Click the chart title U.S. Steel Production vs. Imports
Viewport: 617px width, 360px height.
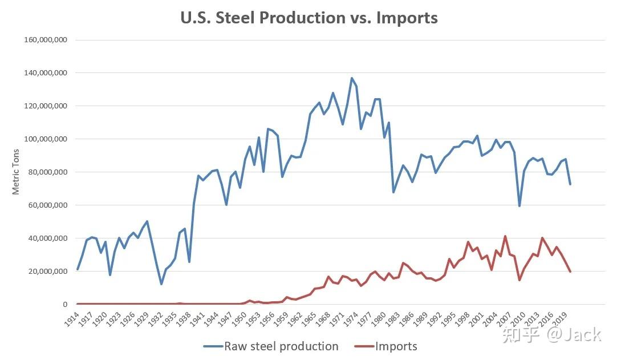[309, 18]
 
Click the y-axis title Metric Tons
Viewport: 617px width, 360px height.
[16, 172]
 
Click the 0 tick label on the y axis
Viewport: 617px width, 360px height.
[66, 305]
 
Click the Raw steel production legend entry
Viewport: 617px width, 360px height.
[281, 346]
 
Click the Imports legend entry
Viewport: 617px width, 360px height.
[396, 346]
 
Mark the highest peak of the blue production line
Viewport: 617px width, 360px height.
[352, 78]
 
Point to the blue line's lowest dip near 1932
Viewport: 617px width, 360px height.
[161, 284]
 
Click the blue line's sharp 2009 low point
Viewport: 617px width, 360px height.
[519, 206]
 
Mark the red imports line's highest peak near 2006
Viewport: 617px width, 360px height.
[505, 236]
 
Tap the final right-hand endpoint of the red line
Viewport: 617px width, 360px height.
[570, 272]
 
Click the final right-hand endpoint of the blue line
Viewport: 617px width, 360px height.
[570, 184]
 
